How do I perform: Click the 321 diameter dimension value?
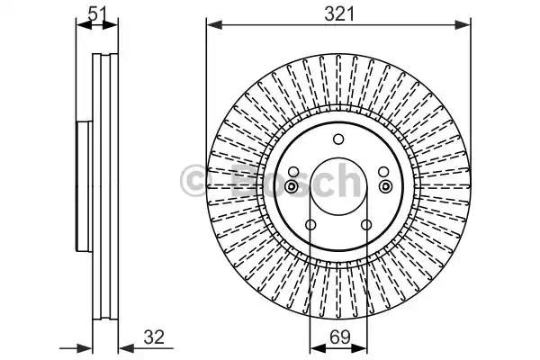(x=339, y=14)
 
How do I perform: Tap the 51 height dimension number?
(x=98, y=13)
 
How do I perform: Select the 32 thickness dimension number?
(x=154, y=337)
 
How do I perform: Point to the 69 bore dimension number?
(x=339, y=337)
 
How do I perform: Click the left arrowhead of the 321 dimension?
(x=214, y=25)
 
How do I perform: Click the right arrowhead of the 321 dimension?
(x=463, y=25)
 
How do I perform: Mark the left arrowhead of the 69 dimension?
(x=318, y=348)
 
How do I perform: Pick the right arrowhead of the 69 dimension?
(x=359, y=348)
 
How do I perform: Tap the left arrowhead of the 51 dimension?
(x=84, y=25)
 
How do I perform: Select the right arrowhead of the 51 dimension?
(x=110, y=25)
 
